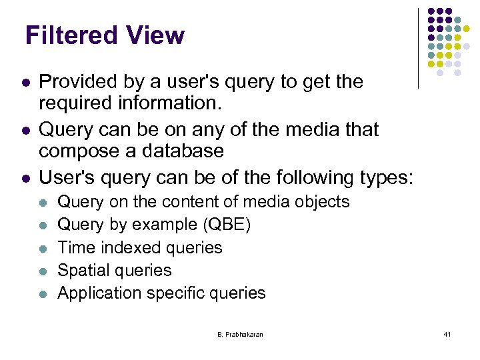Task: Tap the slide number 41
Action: point(447,333)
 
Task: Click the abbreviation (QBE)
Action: point(226,225)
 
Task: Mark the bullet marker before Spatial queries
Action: point(43,271)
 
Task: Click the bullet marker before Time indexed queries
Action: point(43,248)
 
